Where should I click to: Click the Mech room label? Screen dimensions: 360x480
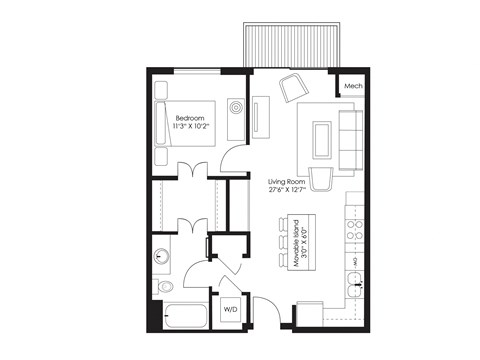[352, 87]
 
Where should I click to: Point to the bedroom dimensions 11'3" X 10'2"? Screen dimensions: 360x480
[191, 126]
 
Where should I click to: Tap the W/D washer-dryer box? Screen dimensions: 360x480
[229, 308]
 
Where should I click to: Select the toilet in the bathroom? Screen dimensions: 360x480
[163, 289]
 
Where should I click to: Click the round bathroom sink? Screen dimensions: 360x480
[161, 256]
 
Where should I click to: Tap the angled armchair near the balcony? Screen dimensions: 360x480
[295, 87]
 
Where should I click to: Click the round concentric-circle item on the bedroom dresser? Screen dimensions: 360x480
[236, 107]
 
